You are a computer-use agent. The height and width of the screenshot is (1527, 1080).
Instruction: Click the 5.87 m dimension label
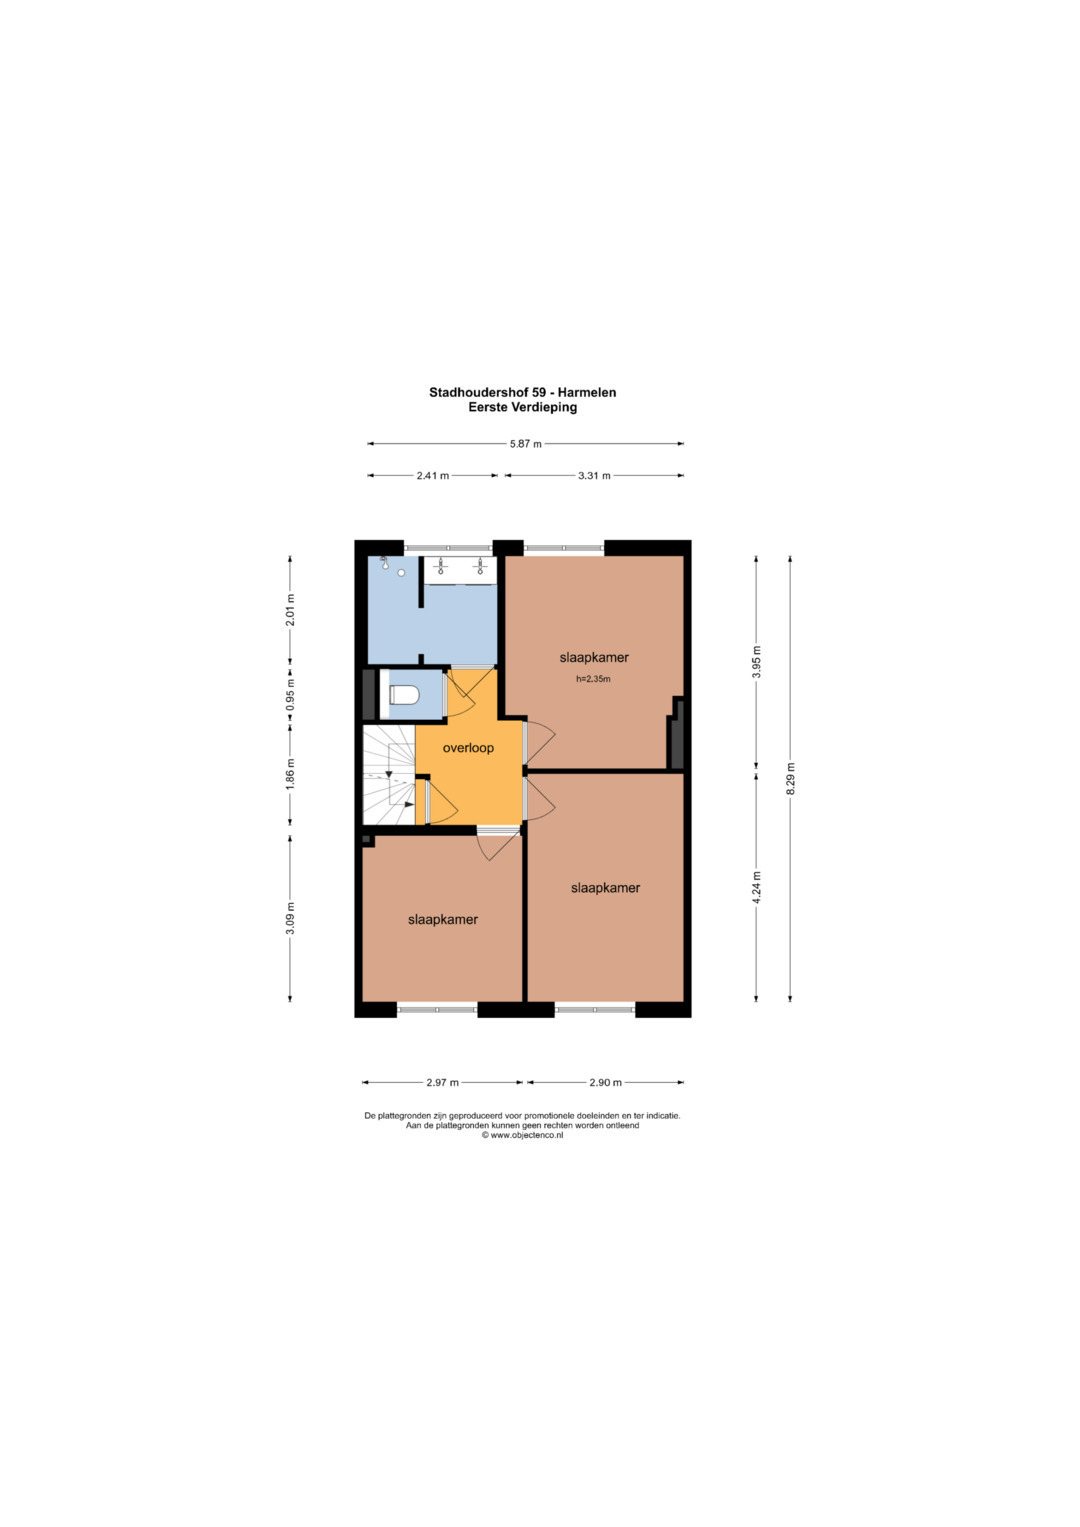pos(526,444)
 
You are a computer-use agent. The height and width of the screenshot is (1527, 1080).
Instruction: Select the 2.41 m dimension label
pos(433,476)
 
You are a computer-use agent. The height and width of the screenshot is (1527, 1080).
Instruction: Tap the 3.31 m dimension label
pos(594,476)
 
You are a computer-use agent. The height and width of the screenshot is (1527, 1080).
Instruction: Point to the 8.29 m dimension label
pos(790,778)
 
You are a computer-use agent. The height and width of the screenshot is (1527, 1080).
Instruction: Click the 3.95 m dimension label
pos(756,661)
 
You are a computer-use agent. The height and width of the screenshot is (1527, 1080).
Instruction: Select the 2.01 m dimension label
pos(290,609)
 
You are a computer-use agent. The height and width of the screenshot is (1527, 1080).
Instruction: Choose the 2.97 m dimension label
pos(442,1083)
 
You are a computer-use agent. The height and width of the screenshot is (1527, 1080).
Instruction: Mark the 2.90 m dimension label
pos(605,1083)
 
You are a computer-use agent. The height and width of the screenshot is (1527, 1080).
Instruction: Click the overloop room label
pos(468,748)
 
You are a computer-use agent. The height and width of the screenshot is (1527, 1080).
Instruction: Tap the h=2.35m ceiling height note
pos(593,679)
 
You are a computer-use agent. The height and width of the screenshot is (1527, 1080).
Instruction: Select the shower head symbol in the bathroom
pos(385,562)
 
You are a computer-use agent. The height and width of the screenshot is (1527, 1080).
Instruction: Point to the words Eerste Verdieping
pos(522,407)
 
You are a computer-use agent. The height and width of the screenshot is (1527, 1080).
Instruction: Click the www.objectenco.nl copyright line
pos(522,1136)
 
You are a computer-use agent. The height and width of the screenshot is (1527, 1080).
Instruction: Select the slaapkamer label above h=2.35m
pos(594,658)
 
